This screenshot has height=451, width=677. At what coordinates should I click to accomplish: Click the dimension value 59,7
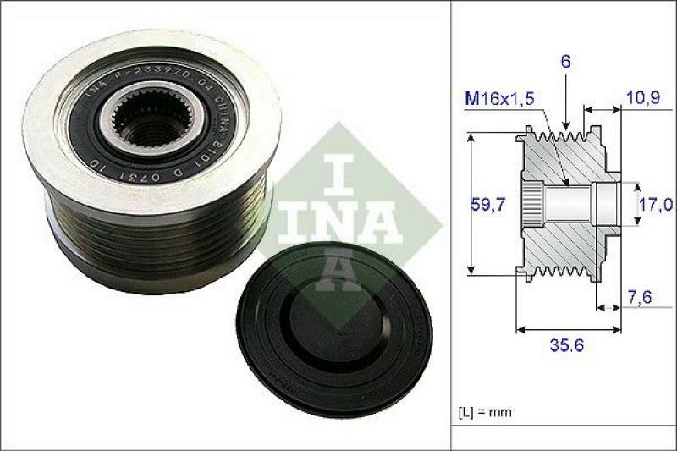coord(487,204)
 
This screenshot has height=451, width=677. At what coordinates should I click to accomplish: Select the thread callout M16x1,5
coord(499,99)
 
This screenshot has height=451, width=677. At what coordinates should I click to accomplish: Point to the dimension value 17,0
coord(656,204)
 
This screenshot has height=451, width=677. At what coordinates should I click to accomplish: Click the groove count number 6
coord(564,61)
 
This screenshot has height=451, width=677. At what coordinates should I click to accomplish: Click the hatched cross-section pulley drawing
coord(563,203)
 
